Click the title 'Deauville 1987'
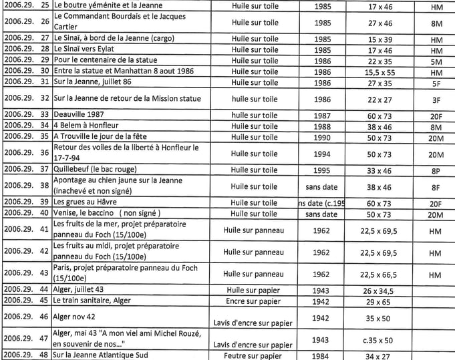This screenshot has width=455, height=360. click(x=77, y=115)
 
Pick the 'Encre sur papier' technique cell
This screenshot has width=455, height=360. click(x=253, y=301)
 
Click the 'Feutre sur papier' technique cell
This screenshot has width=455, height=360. click(x=253, y=355)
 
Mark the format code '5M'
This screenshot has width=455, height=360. click(x=436, y=60)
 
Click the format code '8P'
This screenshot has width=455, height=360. click(x=436, y=170)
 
